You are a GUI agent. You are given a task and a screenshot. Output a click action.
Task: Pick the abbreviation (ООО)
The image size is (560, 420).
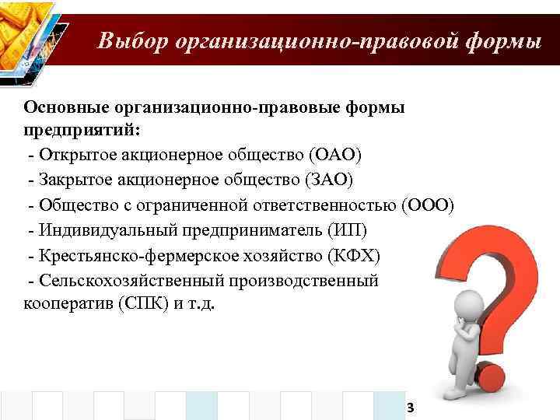click(427, 205)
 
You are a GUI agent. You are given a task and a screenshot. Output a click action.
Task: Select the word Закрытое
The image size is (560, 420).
click(71, 180)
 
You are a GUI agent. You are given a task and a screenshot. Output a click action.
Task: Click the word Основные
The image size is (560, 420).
click(67, 107)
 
